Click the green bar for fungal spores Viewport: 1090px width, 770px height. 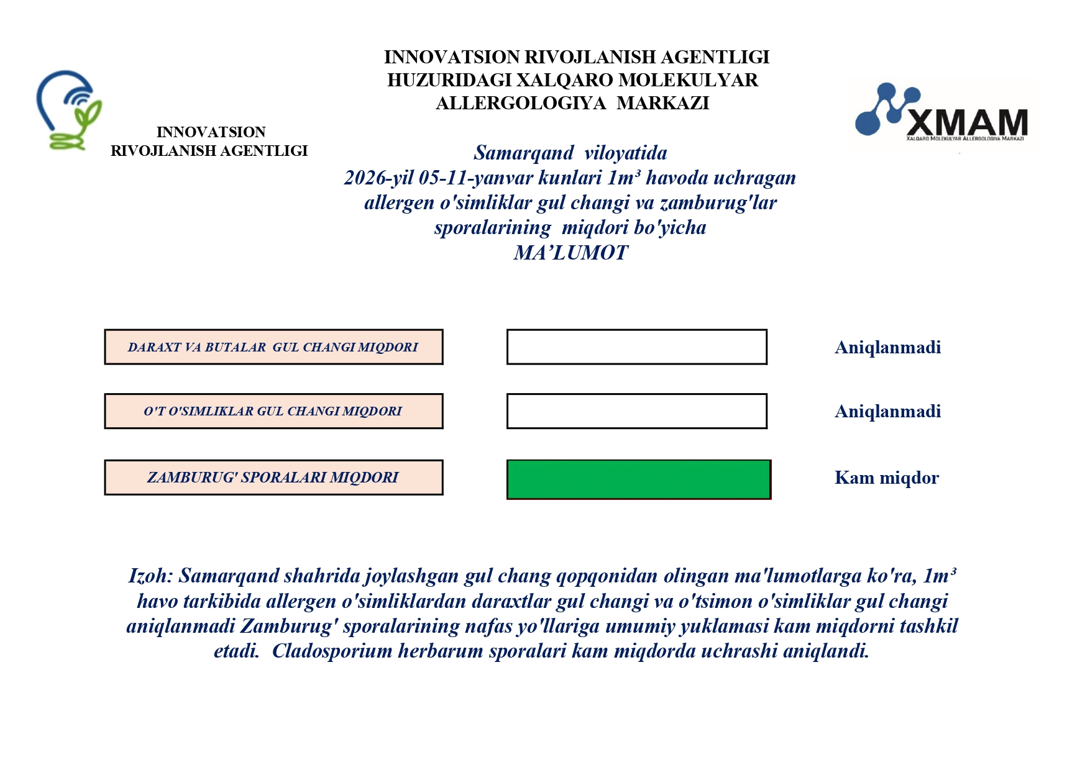[x=638, y=479]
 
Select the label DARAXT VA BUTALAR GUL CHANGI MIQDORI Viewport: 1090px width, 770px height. [x=273, y=347]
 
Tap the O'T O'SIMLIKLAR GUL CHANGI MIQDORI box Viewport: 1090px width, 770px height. [x=273, y=411]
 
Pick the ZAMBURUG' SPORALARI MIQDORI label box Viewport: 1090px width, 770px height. [x=273, y=478]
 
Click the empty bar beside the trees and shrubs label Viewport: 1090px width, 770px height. [x=636, y=347]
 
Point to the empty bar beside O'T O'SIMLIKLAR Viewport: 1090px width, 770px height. [x=636, y=411]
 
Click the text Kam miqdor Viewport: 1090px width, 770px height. [x=886, y=478]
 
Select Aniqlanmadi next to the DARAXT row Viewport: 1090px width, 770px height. [x=887, y=347]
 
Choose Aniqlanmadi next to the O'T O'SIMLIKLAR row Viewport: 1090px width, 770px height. [x=887, y=411]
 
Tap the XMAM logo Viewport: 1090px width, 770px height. [x=942, y=115]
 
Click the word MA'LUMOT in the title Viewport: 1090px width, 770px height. [x=570, y=253]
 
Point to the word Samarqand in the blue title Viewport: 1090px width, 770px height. [x=524, y=153]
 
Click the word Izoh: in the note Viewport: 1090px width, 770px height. [x=150, y=576]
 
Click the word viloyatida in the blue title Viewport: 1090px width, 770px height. [x=625, y=153]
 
